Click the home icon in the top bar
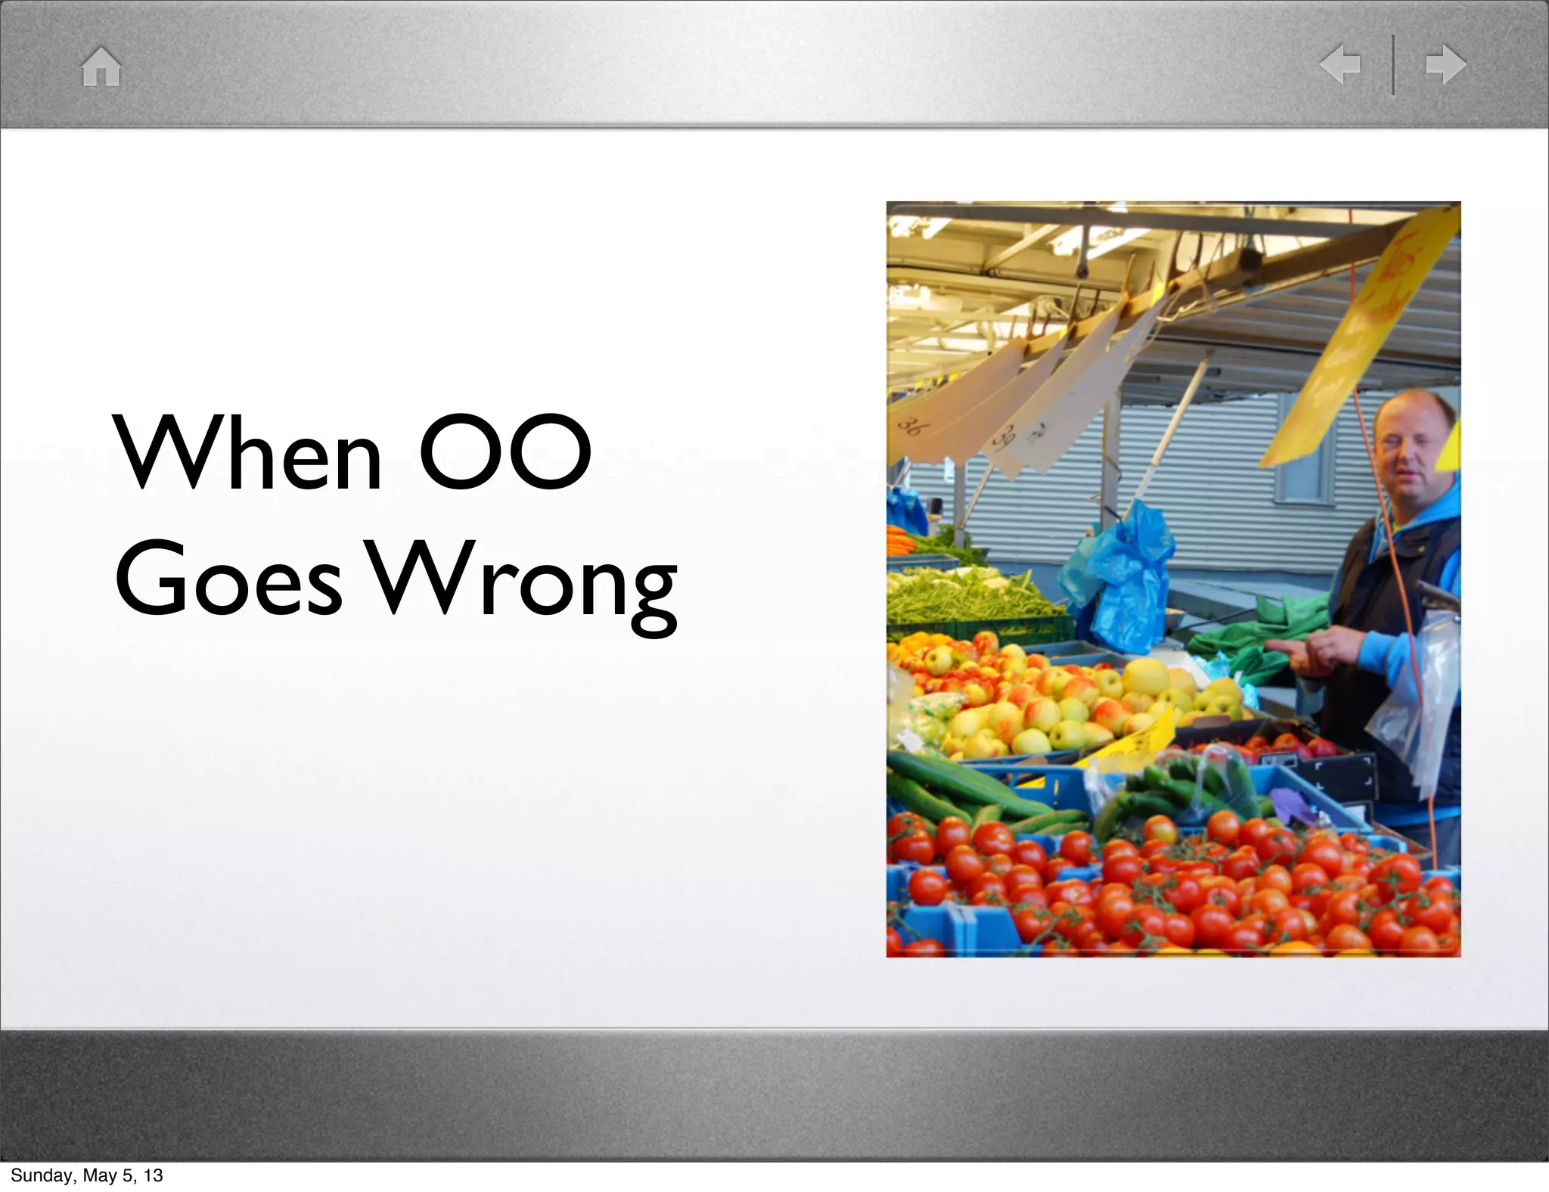(x=101, y=67)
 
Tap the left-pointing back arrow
(x=1341, y=64)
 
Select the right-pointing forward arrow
(x=1446, y=64)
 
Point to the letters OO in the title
(x=505, y=452)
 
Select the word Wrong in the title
(x=523, y=582)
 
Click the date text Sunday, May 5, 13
(x=87, y=1175)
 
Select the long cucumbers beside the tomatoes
(x=953, y=787)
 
